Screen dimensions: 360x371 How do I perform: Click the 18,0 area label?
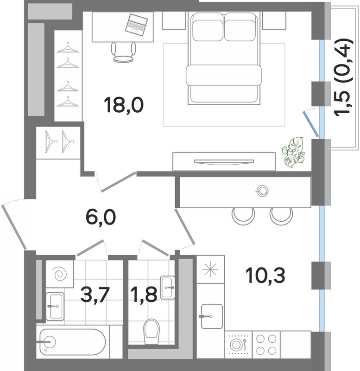(124, 105)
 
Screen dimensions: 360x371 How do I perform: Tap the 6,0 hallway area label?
(101, 217)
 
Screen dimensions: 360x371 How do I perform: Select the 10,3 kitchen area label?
(265, 275)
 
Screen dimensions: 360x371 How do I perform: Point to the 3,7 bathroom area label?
(95, 294)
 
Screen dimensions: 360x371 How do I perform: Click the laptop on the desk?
(136, 25)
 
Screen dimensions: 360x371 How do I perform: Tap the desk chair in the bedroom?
(123, 52)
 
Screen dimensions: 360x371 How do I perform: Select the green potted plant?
(293, 153)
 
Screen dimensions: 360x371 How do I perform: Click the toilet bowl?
(152, 332)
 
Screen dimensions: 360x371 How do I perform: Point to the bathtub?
(72, 342)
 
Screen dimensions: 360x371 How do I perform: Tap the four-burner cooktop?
(266, 344)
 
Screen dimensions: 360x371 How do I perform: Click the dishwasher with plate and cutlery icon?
(238, 344)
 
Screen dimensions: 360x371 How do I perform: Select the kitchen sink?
(212, 316)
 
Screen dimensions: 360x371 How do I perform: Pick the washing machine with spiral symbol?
(60, 274)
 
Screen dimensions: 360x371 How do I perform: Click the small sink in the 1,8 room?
(167, 288)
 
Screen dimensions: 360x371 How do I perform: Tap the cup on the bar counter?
(262, 191)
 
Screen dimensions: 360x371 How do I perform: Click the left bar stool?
(243, 216)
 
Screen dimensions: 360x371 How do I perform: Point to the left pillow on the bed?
(208, 30)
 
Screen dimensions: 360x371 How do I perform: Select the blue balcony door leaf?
(311, 124)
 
